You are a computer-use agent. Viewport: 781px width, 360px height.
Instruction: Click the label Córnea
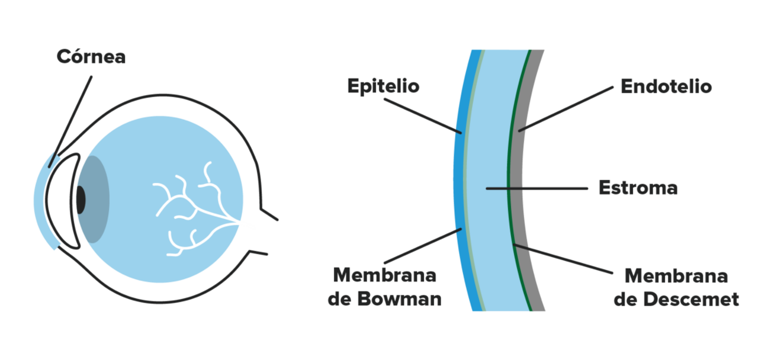point(91,56)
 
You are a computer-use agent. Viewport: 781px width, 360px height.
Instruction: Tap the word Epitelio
point(383,85)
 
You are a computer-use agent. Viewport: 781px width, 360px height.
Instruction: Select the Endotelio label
point(666,86)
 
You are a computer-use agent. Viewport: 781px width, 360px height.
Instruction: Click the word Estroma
point(638,188)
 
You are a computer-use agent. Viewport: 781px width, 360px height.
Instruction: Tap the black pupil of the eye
point(80,200)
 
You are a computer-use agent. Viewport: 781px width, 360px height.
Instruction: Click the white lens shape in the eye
point(63,201)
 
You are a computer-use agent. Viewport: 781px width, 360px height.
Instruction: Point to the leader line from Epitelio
point(423,115)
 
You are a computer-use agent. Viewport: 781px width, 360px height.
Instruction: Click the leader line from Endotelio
point(565,109)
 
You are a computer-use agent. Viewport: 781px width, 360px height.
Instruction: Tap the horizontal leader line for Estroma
point(536,188)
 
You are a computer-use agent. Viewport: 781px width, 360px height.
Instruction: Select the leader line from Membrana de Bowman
point(423,246)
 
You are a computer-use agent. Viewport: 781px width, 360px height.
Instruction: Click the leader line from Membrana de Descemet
point(564,259)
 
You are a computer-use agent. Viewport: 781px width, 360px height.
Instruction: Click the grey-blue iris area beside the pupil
point(97,199)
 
